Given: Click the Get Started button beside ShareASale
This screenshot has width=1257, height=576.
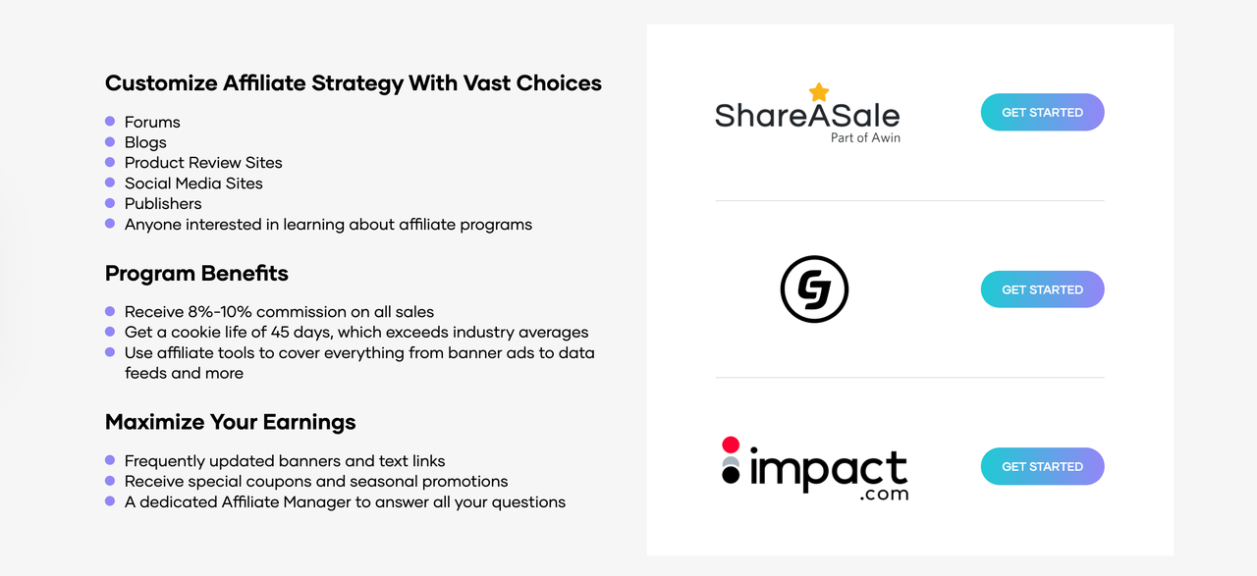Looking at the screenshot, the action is pos(1042,112).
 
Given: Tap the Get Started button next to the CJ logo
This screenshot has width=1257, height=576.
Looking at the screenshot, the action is pos(1042,289).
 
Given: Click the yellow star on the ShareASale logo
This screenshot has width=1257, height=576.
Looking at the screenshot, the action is pos(819,92).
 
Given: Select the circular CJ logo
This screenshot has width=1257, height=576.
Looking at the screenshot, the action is pos(814,288).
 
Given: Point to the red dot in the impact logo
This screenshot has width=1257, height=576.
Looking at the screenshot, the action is pos(730,445).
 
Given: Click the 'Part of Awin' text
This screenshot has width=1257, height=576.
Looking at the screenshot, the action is pos(865,138).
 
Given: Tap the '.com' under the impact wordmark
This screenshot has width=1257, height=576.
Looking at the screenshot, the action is pos(884,495).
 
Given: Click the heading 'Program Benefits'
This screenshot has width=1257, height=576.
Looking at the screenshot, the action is pos(196,273).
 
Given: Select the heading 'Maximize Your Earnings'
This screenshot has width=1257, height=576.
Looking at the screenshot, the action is pos(230,422).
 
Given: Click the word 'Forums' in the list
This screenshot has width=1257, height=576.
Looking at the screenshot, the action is pos(152,122).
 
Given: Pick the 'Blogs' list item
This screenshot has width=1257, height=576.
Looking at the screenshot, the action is pos(145,142).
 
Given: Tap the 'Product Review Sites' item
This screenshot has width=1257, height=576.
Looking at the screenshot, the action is pos(203,163).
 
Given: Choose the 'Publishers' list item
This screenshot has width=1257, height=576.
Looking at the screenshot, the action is pos(163,203).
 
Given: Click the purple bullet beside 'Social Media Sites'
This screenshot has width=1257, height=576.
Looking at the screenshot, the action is pos(110,183).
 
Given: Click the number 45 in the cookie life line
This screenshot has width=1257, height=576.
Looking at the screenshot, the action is pos(280,332).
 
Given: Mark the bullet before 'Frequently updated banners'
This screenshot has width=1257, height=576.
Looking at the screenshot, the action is pos(110,460).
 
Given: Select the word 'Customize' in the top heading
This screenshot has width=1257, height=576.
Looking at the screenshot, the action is pos(161,83).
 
